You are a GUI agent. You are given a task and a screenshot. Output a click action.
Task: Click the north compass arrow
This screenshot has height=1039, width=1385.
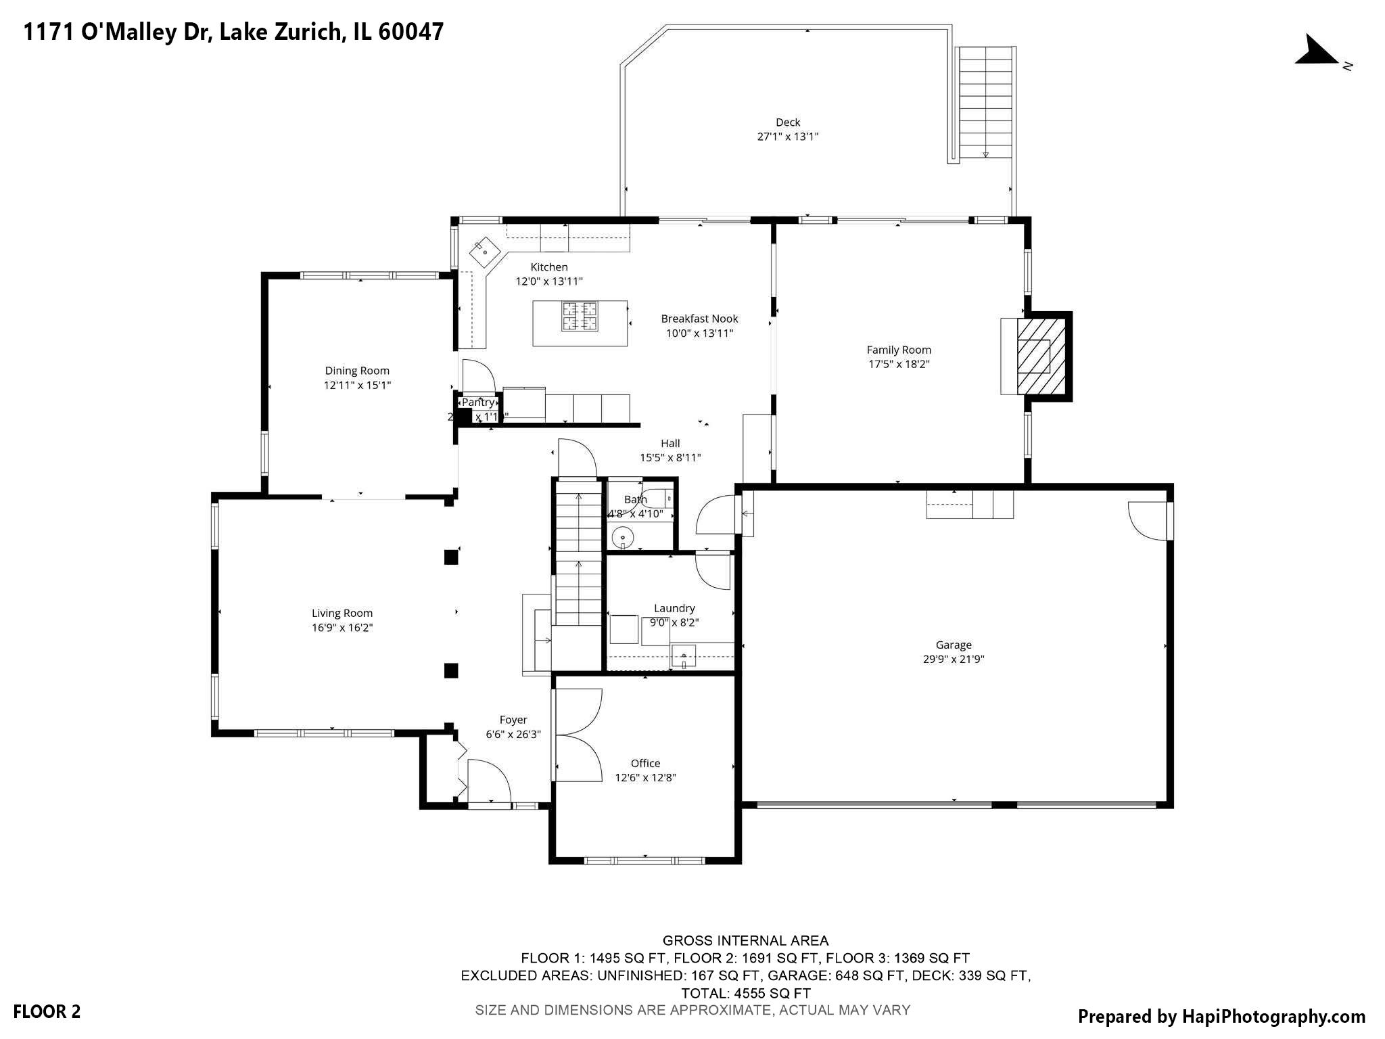coord(1315,52)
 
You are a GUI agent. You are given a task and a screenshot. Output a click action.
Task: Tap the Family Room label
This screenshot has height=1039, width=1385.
coord(898,350)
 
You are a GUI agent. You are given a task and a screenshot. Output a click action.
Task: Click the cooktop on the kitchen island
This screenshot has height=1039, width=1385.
coord(580,316)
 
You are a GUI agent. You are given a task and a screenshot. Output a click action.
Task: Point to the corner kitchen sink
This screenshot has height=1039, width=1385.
coord(485,251)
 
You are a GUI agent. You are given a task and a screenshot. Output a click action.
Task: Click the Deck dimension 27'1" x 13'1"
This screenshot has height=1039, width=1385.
coord(787,137)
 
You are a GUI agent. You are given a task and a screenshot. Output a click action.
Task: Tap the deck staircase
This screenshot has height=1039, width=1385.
coord(985,101)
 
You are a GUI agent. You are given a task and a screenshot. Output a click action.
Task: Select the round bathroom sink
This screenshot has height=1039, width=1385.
coord(622,538)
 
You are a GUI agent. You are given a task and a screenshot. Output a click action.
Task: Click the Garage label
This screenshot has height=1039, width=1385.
coord(953,645)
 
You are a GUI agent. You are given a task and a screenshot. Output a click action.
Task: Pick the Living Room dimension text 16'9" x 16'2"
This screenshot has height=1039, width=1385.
coord(342,628)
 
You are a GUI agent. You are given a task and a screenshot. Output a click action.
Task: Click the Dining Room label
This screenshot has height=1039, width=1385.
coord(357,371)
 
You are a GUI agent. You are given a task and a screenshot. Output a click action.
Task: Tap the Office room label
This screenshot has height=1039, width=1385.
coord(645,763)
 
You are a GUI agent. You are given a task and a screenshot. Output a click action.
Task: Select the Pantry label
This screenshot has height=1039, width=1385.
coord(478,402)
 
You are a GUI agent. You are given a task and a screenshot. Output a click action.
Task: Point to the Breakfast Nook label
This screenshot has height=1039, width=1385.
coord(699,319)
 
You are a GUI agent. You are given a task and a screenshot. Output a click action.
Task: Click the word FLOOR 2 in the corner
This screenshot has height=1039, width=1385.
coord(47,1012)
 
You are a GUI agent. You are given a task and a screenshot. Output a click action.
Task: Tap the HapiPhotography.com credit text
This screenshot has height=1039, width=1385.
coord(1221,1016)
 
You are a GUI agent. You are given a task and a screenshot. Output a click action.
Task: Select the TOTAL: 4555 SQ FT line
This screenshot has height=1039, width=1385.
coord(745,994)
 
